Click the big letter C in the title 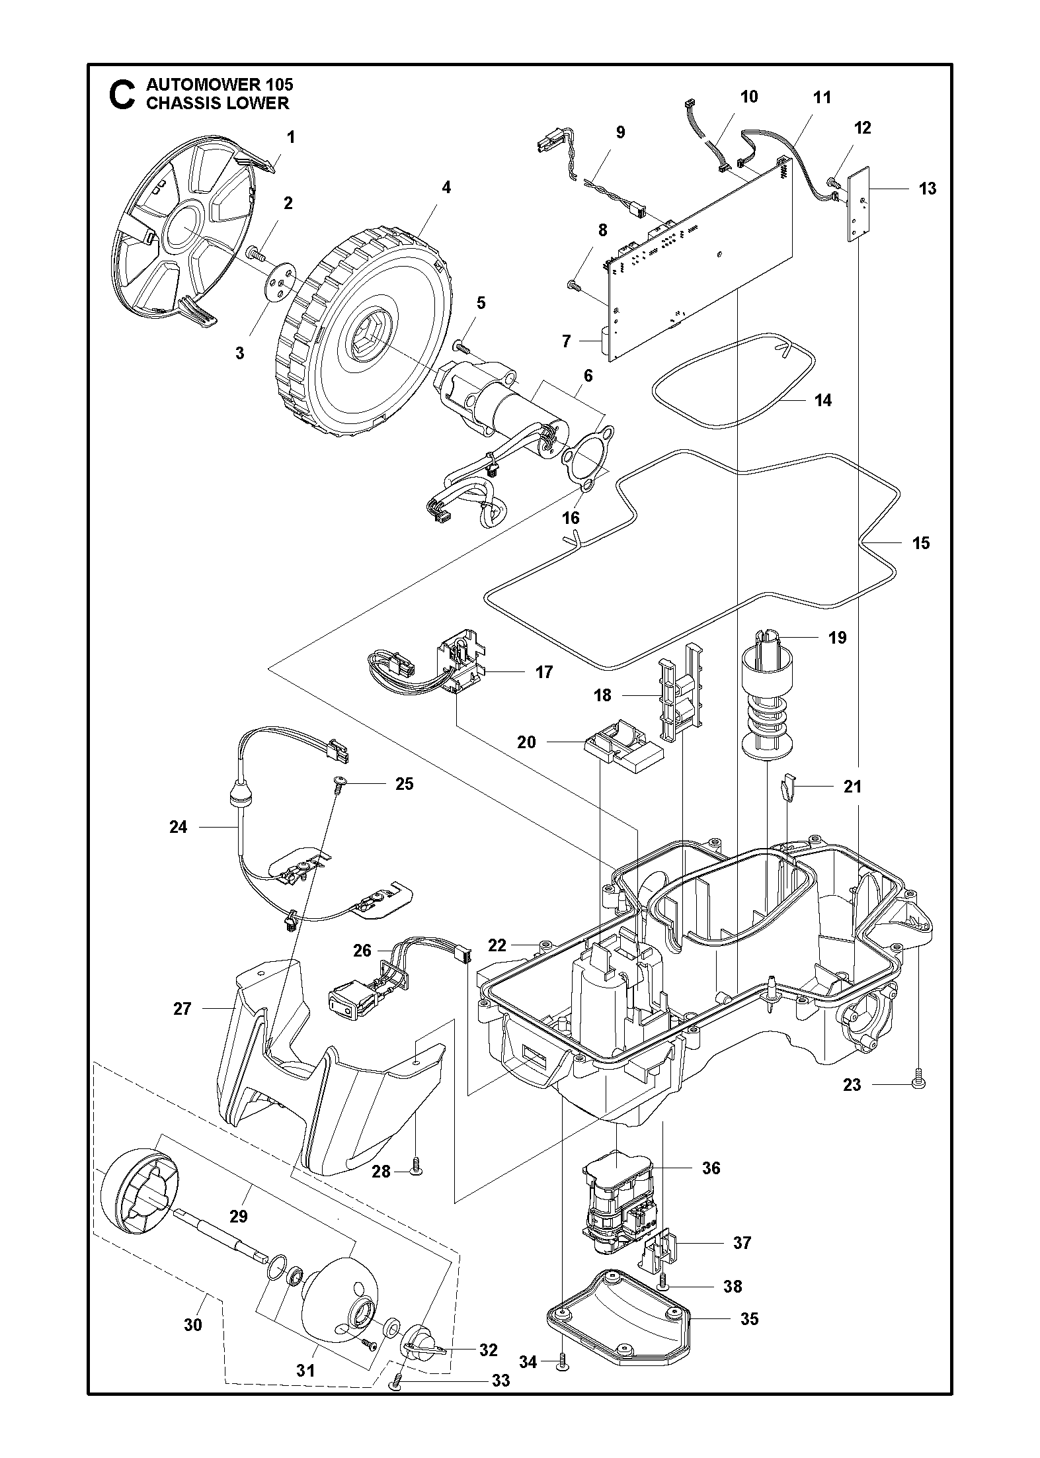point(122,95)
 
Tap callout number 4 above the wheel point(446,187)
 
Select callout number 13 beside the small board point(927,189)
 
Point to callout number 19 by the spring point(837,638)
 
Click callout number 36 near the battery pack point(711,1168)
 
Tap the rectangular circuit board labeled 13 point(858,204)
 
